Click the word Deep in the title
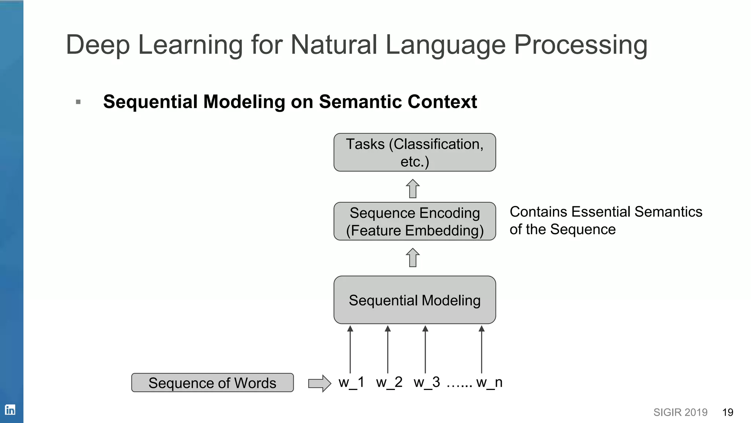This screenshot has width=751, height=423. pos(98,45)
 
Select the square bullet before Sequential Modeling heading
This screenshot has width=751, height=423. pos(78,102)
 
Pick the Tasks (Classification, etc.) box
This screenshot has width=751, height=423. pos(414,152)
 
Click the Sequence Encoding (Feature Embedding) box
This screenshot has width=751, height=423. pos(414,221)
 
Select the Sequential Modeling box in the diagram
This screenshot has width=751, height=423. pos(414,300)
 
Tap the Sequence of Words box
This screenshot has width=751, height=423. pos(212,383)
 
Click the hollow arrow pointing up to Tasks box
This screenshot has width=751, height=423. pos(413,188)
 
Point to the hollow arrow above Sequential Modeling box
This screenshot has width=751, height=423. pos(413,257)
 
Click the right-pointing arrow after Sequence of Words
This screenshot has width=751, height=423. pos(319,383)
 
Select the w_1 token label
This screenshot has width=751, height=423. pos(351,382)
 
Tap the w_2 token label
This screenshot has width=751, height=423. pos(389,382)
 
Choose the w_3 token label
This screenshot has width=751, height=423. pos(426,382)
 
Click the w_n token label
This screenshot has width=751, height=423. pos(489,382)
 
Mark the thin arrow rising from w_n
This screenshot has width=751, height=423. pos(481,349)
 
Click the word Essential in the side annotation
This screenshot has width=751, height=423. pos(601,212)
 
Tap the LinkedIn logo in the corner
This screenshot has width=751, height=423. pos(10,409)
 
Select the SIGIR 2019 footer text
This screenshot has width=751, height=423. pos(680,412)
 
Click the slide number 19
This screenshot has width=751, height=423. pos(728,412)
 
